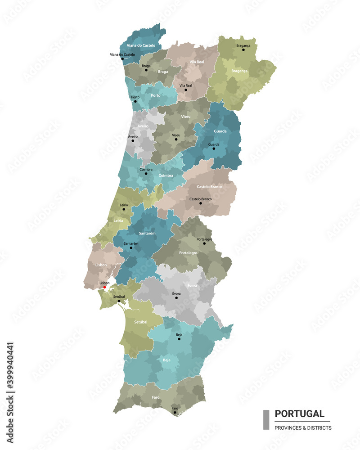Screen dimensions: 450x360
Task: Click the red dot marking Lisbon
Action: pyautogui.click(x=104, y=287)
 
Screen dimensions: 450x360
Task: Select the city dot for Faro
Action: pyautogui.click(x=175, y=412)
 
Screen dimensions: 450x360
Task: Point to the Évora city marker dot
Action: pyautogui.click(x=176, y=298)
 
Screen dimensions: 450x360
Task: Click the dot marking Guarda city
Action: pyautogui.click(x=214, y=148)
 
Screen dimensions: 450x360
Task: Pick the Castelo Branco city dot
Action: pyautogui.click(x=201, y=203)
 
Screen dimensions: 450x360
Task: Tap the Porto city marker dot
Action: pyautogui.click(x=135, y=101)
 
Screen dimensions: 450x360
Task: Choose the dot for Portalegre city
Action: pyautogui.click(x=204, y=243)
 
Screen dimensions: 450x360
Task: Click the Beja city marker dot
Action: pyautogui.click(x=179, y=339)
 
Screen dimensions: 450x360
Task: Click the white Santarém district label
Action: pyautogui.click(x=148, y=234)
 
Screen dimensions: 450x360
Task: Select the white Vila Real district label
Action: pyautogui.click(x=197, y=62)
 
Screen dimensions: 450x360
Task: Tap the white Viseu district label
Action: pyautogui.click(x=185, y=117)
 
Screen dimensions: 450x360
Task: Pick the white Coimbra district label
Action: pyautogui.click(x=166, y=175)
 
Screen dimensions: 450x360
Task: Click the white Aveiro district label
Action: pyautogui.click(x=143, y=126)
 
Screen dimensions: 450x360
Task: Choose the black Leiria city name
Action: pyautogui.click(x=124, y=205)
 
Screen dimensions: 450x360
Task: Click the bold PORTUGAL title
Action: pyautogui.click(x=299, y=414)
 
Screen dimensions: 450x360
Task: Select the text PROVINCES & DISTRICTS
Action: pyautogui.click(x=303, y=427)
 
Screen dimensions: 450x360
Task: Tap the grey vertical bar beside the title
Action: pyautogui.click(x=266, y=419)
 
